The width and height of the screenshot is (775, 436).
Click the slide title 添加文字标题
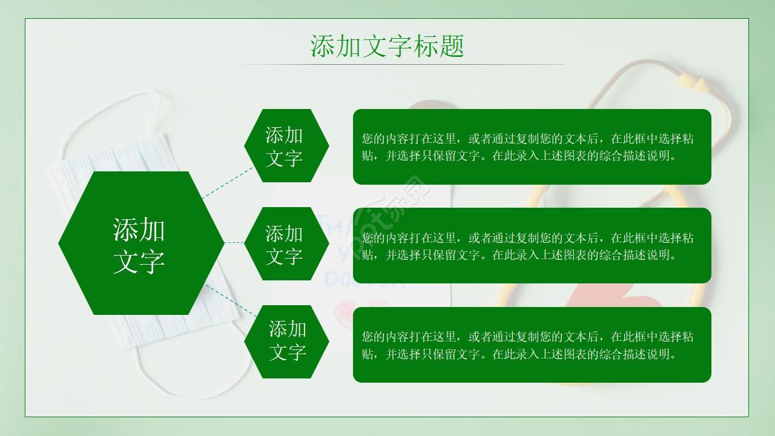point(387,46)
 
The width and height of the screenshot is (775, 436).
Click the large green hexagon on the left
point(141,243)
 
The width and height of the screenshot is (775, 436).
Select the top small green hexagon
point(286,146)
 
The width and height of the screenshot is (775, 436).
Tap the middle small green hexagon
point(286,243)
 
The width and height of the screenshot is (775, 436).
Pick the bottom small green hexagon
point(286,342)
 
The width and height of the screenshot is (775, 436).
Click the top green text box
point(532,147)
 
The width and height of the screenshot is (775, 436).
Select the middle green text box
point(532,245)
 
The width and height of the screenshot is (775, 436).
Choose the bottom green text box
point(532,345)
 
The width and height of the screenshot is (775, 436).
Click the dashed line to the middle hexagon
point(234,243)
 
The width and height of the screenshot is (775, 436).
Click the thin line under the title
point(397,64)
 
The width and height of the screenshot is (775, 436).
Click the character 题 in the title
point(451,46)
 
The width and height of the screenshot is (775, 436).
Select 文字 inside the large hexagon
point(139,261)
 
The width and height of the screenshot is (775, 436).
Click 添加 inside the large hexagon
point(139,230)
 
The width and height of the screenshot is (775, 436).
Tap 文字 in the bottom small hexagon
point(287,352)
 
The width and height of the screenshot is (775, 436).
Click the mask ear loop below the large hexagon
point(182,388)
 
